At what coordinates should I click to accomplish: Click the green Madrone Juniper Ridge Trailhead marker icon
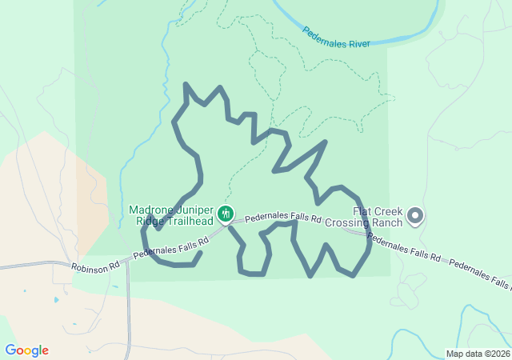[226, 214]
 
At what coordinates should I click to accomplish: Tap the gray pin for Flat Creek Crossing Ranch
[415, 216]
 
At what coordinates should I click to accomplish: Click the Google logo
[26, 350]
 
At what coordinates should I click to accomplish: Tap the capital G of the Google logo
[10, 350]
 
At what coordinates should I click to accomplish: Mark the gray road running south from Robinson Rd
[128, 312]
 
